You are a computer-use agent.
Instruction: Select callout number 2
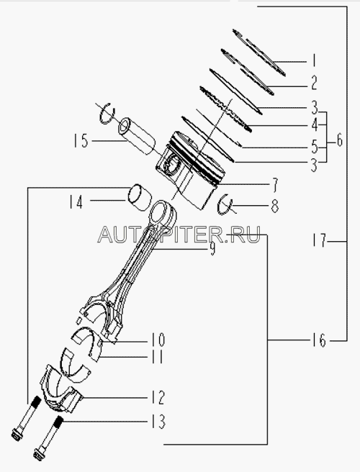pyautogui.click(x=314, y=83)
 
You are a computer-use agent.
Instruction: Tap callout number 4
pyautogui.click(x=314, y=124)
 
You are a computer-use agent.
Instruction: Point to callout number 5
pyautogui.click(x=314, y=147)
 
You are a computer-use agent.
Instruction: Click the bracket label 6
pyautogui.click(x=340, y=140)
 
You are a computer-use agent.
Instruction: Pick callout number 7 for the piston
pyautogui.click(x=275, y=185)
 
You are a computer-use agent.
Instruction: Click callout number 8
pyautogui.click(x=275, y=206)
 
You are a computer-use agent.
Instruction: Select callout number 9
pyautogui.click(x=212, y=250)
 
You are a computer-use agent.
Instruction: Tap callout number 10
pyautogui.click(x=158, y=340)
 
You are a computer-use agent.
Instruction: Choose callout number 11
pyautogui.click(x=157, y=357)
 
